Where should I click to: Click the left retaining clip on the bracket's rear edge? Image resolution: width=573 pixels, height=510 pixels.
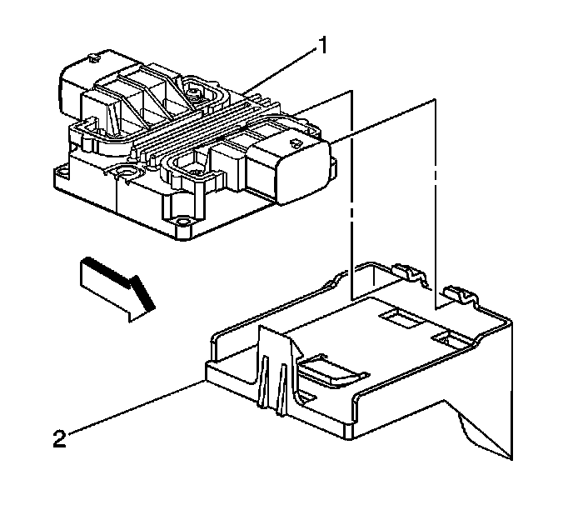(x=403, y=270)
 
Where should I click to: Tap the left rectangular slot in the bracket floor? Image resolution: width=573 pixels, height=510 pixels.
(x=394, y=318)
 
